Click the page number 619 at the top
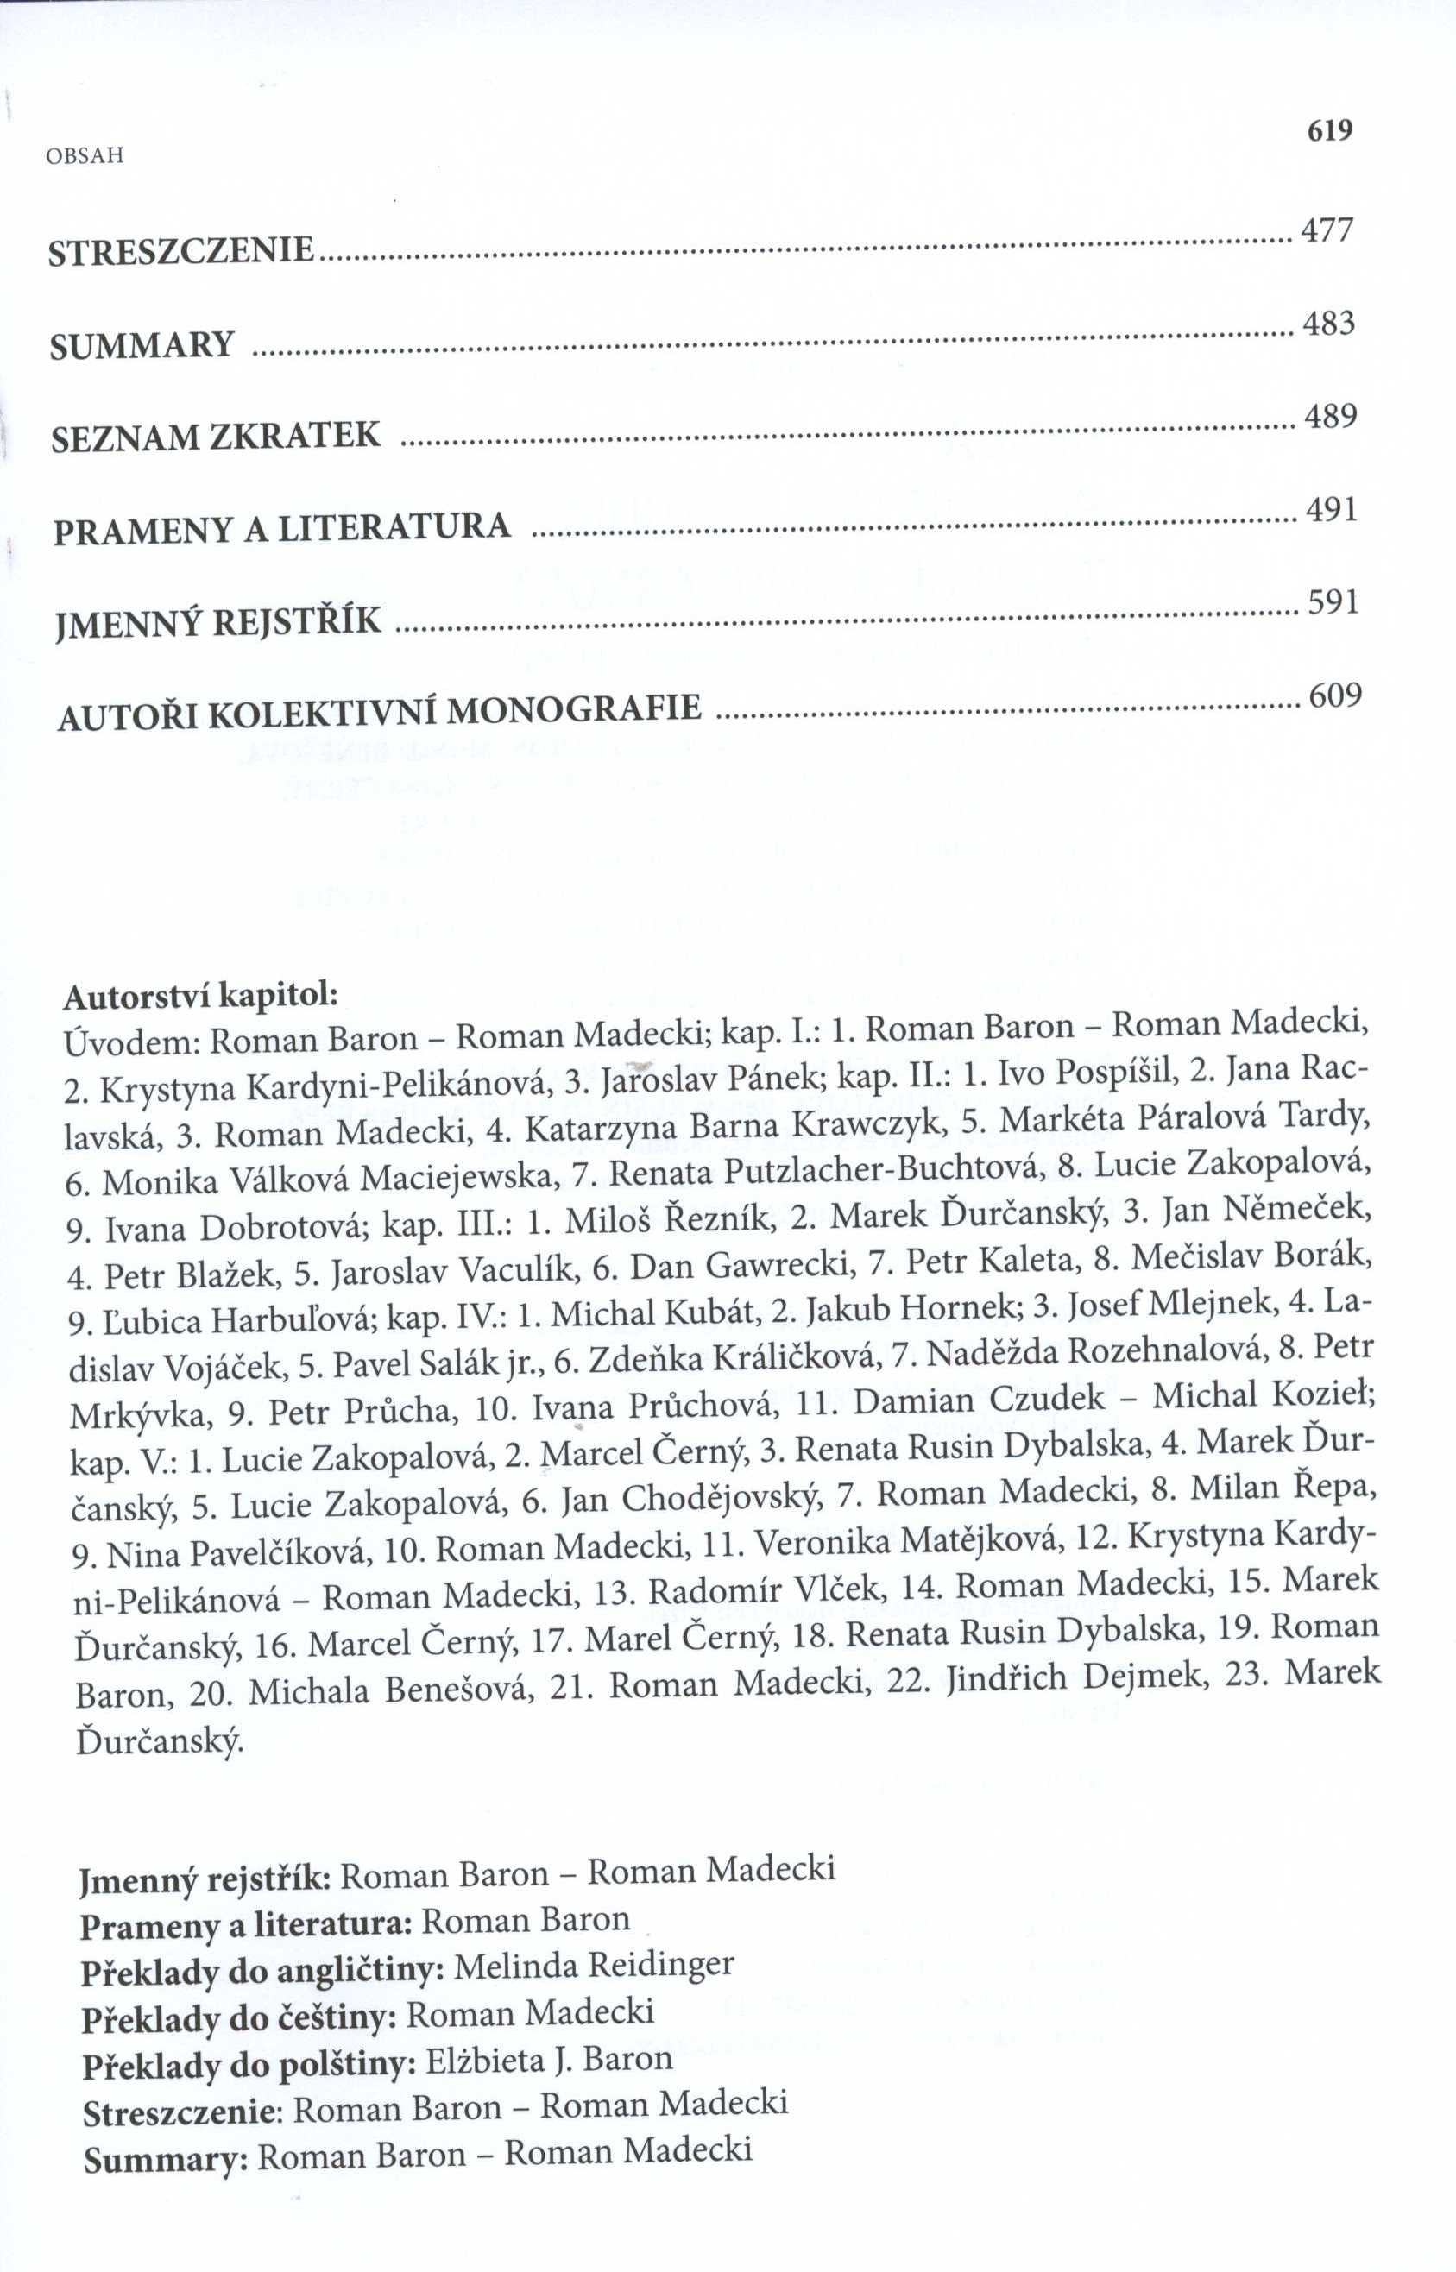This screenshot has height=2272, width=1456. [1330, 129]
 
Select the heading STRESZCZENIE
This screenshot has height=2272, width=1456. [180, 251]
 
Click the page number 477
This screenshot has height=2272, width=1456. [1328, 230]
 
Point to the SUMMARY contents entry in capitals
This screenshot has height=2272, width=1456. [142, 346]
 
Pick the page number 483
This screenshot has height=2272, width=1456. [1329, 324]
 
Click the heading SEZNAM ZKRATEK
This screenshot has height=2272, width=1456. [216, 437]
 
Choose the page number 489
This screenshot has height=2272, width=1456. [1330, 417]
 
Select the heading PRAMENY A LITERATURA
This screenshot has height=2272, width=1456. [281, 527]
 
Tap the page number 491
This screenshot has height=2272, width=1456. [1332, 510]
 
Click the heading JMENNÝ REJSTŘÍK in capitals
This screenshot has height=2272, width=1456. [219, 622]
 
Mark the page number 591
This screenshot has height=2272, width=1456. [1333, 603]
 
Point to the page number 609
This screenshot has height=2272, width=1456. [1335, 695]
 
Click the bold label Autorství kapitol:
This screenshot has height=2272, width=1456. [200, 995]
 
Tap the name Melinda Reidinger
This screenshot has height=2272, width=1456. [594, 1965]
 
